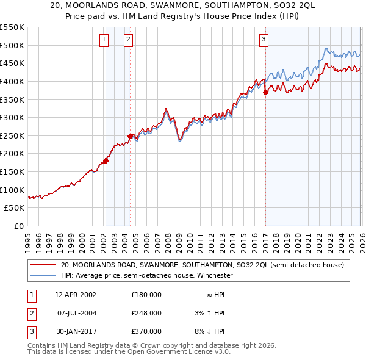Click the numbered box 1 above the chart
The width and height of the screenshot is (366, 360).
click(104, 40)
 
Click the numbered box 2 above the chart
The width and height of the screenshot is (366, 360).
click(129, 40)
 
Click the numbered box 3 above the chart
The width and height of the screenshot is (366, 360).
click(264, 40)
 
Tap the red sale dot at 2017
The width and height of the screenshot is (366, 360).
click(265, 93)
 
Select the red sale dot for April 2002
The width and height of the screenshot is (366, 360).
click(106, 161)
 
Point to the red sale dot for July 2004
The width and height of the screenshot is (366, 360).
click(130, 136)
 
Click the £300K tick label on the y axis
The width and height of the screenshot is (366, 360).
click(12, 117)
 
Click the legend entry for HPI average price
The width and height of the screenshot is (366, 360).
click(146, 275)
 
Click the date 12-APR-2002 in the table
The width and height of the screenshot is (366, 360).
click(75, 294)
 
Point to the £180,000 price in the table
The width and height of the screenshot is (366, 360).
click(146, 294)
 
